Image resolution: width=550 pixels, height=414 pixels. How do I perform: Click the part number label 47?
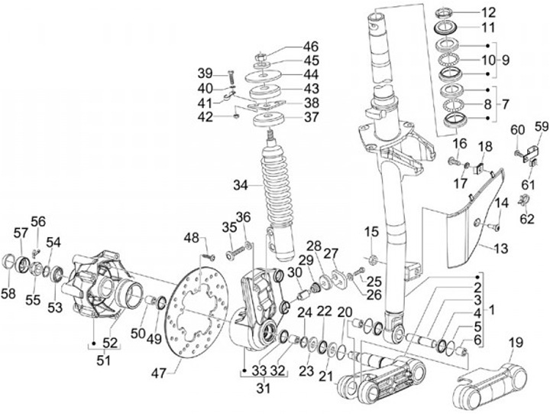tap(158, 373)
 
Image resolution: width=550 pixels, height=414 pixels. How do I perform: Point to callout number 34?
tap(241, 185)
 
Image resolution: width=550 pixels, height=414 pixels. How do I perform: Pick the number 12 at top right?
tap(488, 13)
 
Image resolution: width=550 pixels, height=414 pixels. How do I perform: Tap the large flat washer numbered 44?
tap(264, 77)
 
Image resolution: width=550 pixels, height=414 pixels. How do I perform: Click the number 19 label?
tap(516, 342)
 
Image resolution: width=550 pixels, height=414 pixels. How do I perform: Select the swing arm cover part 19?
tap(490, 384)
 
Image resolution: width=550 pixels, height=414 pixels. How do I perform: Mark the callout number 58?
tap(8, 293)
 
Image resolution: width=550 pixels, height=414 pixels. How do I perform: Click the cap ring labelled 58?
tap(9, 262)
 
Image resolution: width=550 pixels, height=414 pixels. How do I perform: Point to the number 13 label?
tap(500, 249)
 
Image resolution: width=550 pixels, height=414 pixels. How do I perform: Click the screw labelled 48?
tap(209, 256)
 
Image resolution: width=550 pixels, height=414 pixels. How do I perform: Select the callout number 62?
tap(526, 219)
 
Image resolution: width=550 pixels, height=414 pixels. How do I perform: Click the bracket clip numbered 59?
tap(531, 155)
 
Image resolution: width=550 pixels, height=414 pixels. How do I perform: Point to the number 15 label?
tap(372, 232)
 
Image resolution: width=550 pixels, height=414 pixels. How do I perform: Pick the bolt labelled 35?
tap(237, 253)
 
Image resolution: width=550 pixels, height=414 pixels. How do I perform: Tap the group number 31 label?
tap(264, 388)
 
